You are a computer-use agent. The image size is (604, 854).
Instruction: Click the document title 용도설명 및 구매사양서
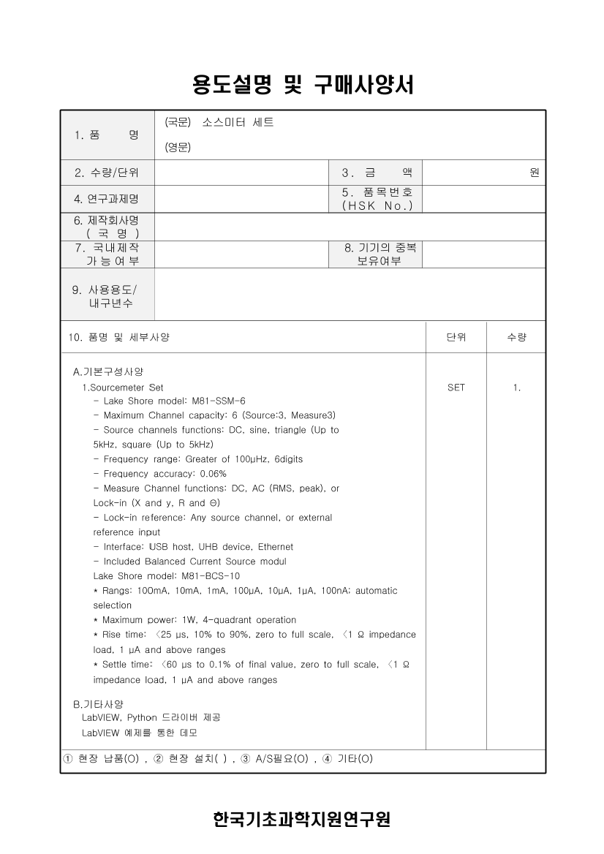[x=302, y=86]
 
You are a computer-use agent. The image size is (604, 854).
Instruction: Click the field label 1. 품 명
[x=107, y=135]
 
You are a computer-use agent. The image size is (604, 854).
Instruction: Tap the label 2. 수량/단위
[x=107, y=173]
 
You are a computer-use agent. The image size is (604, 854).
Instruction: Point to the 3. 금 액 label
[x=377, y=173]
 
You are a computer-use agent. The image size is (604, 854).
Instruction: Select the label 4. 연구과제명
[x=107, y=199]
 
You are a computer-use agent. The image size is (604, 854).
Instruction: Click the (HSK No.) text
[x=377, y=206]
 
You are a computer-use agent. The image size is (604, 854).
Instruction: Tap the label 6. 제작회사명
[x=107, y=220]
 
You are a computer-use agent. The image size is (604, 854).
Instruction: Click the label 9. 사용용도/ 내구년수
[x=107, y=296]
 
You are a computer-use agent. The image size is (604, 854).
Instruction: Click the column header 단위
[x=456, y=337]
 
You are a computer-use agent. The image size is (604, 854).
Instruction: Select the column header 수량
[x=516, y=337]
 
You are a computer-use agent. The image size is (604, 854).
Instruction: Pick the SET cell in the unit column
[x=456, y=388]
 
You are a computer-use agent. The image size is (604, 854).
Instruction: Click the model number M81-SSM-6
[x=219, y=401]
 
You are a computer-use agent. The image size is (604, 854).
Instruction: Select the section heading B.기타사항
[x=98, y=704]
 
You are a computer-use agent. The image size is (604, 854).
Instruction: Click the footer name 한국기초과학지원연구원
[x=302, y=820]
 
